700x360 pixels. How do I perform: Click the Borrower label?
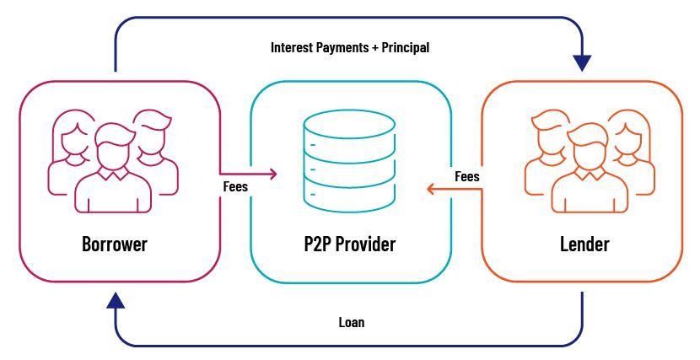pos(114,244)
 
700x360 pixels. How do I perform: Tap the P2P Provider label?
pos(349,244)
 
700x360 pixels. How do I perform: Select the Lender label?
pos(584,244)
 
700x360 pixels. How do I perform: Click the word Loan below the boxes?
pos(351,322)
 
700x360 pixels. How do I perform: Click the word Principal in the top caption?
pos(405,47)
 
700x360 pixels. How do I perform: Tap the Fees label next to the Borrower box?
pos(235,186)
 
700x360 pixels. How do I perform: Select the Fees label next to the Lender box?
pos(467,177)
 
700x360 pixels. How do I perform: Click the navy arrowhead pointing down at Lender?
pos(582,63)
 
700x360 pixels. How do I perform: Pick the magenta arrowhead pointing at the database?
pos(272,174)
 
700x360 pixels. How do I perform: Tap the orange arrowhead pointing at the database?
pos(431,189)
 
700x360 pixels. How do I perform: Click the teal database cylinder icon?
pos(350,164)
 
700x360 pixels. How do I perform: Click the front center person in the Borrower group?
pos(113,173)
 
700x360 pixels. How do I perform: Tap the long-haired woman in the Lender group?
pos(630,152)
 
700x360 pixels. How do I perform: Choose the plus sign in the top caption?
pos(374,48)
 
